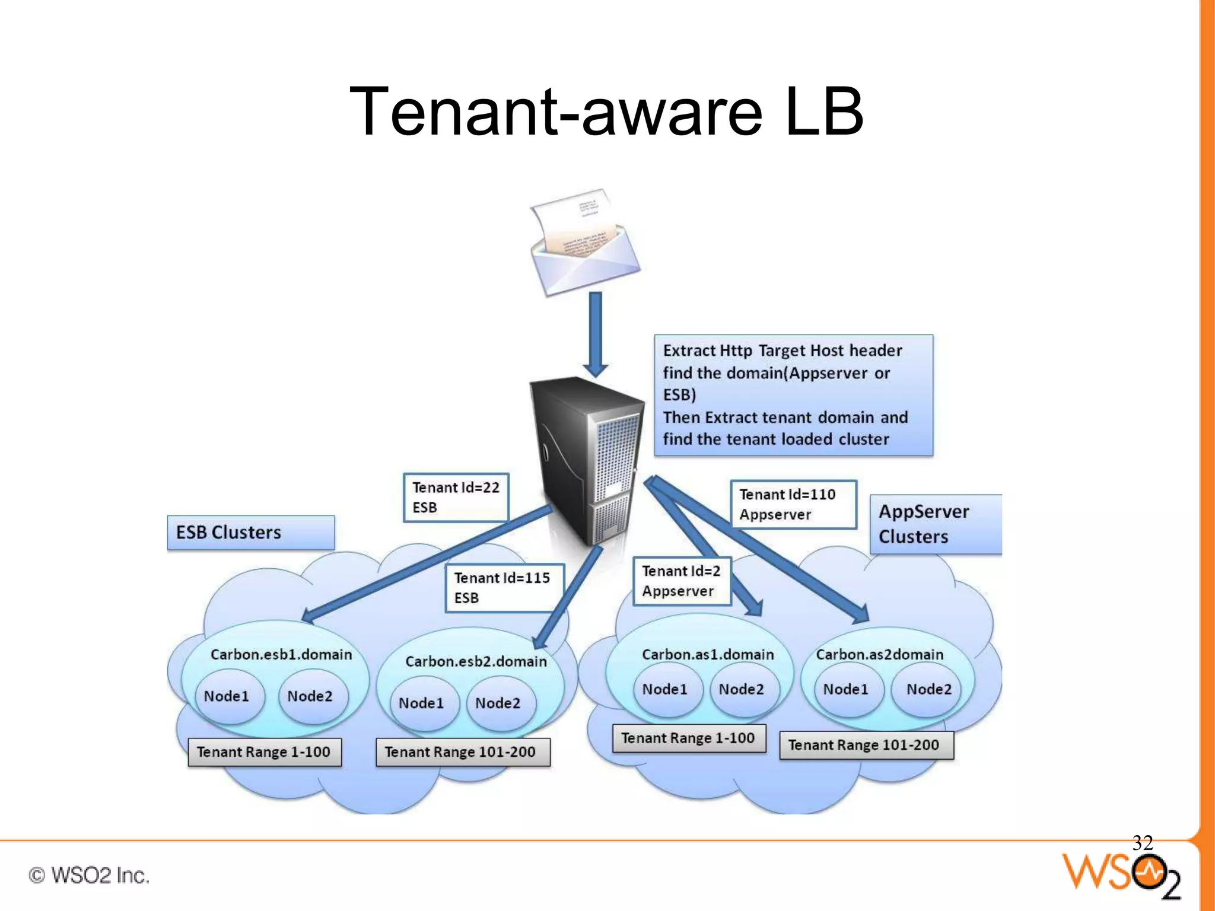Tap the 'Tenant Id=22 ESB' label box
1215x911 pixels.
point(456,498)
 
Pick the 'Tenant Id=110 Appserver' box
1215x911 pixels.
point(793,505)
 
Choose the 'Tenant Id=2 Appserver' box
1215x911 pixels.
point(681,581)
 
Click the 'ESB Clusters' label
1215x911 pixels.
point(250,533)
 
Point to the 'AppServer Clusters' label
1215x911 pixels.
point(934,524)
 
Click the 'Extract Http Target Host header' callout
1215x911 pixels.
point(793,395)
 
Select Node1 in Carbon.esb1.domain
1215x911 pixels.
point(227,696)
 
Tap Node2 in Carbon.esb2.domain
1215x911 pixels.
point(498,703)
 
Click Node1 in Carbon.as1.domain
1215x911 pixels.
point(665,690)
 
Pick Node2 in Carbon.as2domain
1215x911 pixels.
point(928,690)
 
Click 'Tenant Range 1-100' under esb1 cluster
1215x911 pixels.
point(264,753)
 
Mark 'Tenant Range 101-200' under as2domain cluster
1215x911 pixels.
point(866,746)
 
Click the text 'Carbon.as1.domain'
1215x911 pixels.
point(708,655)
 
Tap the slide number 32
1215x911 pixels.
point(1142,843)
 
